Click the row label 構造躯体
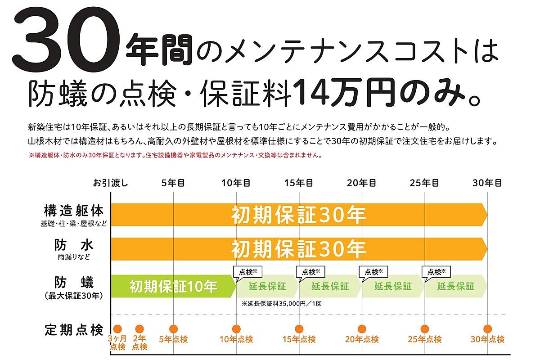[x=74, y=211]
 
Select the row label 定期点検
[x=74, y=329]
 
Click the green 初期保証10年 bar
[x=173, y=286]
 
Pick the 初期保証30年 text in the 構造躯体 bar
[x=299, y=215]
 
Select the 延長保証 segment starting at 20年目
[x=393, y=286]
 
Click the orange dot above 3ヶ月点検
[x=118, y=329]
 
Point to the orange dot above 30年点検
[x=487, y=329]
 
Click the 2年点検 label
[x=139, y=342]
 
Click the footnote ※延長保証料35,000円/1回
[x=281, y=304]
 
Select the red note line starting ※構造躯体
[x=174, y=156]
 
